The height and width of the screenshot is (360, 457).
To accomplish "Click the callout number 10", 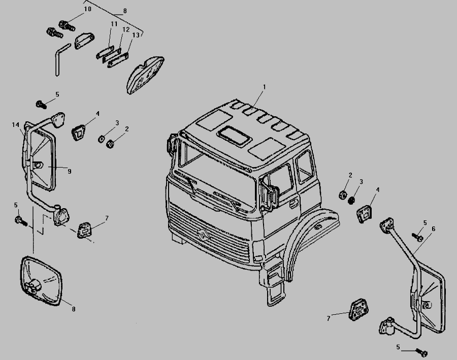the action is point(87,9).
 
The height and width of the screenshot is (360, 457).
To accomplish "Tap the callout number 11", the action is point(114,24).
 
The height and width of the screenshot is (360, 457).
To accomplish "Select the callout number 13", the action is point(136,35).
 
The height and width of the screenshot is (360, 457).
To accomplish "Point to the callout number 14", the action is point(15,125).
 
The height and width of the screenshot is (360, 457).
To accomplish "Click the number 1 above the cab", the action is point(265,87).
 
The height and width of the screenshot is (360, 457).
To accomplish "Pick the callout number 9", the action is point(70,172).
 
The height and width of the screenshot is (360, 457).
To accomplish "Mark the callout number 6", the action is point(434,229).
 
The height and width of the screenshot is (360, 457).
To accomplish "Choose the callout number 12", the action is point(126,29).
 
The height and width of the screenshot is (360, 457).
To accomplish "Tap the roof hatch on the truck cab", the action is point(234,136).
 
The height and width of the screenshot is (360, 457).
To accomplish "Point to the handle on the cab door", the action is point(294,203).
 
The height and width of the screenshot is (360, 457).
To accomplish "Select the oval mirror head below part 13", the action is point(145,75).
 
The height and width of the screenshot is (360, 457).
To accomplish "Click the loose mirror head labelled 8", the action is point(41,281).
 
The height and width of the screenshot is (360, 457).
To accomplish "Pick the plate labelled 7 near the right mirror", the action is point(358,310).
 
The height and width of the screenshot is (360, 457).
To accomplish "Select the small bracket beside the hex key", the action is point(84,41).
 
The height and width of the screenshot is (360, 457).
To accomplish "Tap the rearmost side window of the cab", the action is point(305,167).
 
